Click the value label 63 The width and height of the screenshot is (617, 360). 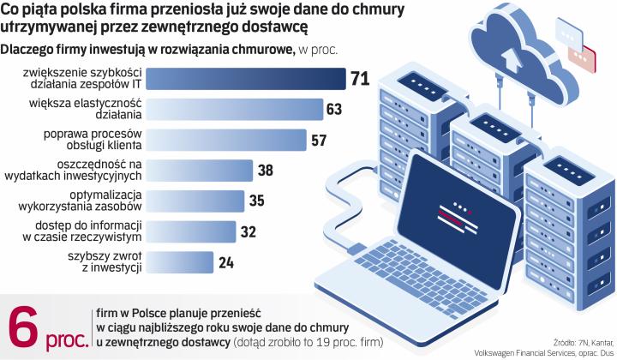click(x=335, y=109)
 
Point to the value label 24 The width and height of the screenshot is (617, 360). click(x=227, y=261)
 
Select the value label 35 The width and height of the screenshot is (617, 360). click(x=257, y=200)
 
